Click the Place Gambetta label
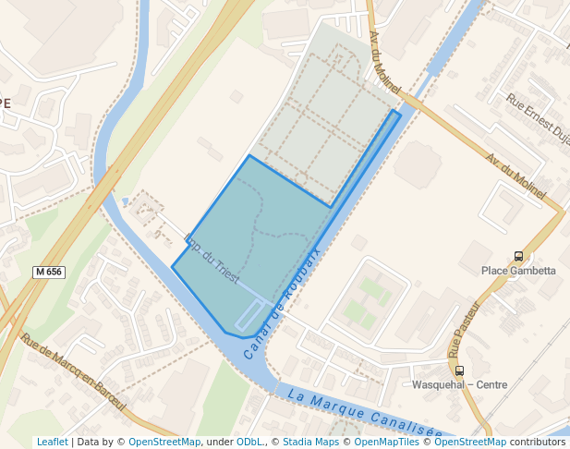point(518,271)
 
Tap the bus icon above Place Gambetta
point(518,256)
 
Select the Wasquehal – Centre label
point(459,384)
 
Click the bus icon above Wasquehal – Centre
point(459,370)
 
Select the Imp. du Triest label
point(213,262)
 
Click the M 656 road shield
point(49,272)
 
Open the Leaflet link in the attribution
point(52,443)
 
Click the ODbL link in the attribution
point(249,443)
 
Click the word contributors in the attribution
point(538,443)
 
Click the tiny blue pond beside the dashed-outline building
point(125,200)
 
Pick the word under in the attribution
point(219,443)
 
